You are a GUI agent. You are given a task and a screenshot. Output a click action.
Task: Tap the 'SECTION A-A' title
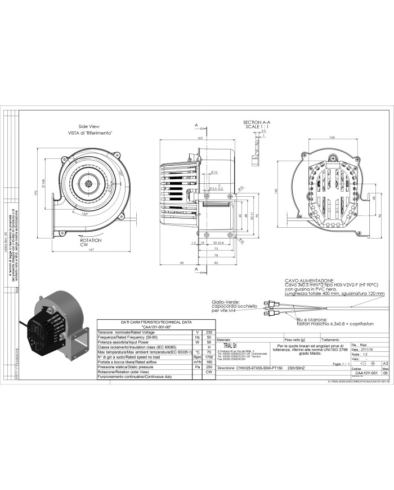pos(256,122)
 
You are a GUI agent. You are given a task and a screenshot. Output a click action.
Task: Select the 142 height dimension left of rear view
pos(276,190)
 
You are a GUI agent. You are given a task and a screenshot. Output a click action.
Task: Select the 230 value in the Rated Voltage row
pos(209,332)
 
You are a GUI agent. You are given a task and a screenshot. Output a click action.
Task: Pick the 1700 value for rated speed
pos(209,356)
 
